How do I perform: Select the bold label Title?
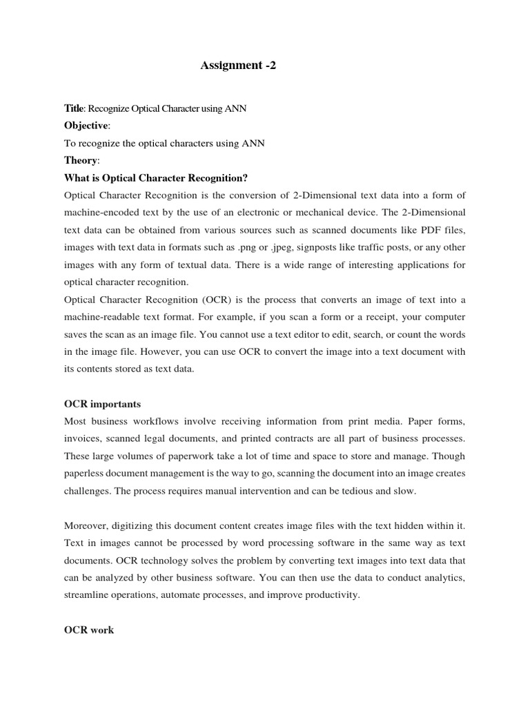72,108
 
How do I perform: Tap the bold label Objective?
86,126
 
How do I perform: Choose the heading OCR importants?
102,404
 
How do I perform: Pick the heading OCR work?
89,630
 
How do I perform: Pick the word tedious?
361,490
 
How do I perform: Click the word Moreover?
88,525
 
